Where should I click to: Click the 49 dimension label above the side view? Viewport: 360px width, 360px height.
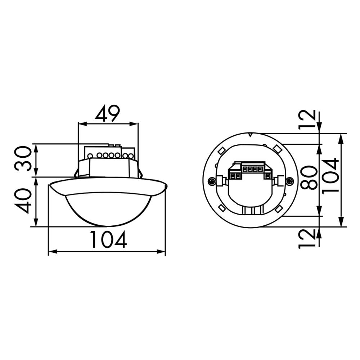107,114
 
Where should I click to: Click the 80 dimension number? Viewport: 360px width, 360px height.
309,178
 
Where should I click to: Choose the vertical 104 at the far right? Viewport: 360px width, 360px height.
331,175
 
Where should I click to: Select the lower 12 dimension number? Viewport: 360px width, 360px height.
307,239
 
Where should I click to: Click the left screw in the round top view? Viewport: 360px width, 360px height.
211,181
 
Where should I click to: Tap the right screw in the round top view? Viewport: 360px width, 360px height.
289,181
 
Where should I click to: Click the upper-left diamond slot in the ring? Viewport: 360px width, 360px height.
222,149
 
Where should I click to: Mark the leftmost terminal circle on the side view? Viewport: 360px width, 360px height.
90,156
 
